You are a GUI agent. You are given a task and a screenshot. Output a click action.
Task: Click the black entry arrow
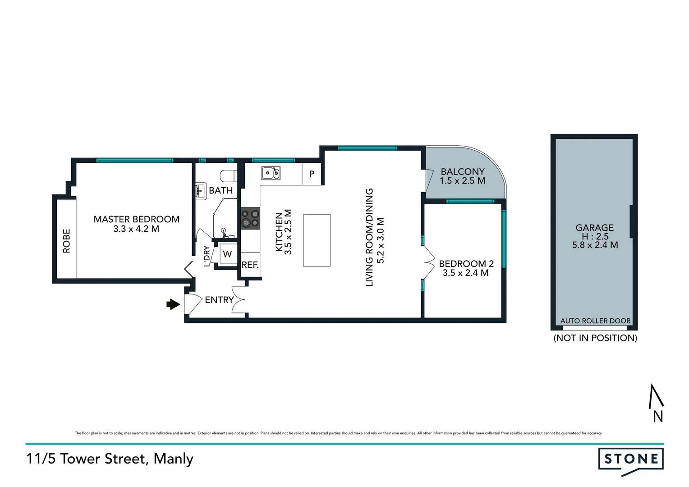click(173, 305)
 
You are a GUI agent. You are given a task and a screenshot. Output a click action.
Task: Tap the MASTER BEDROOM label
click(136, 219)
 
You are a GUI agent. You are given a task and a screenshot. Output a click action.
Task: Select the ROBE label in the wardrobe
click(67, 241)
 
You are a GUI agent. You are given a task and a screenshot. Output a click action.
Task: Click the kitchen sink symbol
click(271, 173)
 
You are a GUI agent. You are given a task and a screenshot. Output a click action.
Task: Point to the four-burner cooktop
click(250, 218)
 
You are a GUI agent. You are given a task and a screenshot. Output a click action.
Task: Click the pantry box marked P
click(312, 174)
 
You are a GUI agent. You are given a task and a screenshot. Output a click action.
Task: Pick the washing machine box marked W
click(227, 254)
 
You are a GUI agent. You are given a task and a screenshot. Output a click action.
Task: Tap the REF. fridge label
click(250, 265)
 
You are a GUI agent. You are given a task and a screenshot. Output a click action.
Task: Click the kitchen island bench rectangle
click(317, 240)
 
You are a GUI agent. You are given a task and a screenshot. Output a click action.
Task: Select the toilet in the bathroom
click(228, 175)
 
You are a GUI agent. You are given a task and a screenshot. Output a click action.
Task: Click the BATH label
click(220, 191)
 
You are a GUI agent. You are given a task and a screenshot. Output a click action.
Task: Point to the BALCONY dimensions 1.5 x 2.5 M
click(462, 181)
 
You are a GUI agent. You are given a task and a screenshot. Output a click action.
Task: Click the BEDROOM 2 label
click(466, 264)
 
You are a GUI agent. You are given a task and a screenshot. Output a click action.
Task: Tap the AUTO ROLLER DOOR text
click(595, 321)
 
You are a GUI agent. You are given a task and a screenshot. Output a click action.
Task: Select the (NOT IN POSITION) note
click(595, 338)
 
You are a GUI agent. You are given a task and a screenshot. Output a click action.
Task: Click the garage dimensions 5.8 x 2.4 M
click(595, 245)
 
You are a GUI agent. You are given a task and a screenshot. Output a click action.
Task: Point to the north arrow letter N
click(658, 417)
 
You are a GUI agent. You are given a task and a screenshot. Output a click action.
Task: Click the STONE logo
click(630, 459)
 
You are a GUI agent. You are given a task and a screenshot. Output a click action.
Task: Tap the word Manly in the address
click(173, 459)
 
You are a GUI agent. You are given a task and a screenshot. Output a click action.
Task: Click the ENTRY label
click(219, 300)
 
